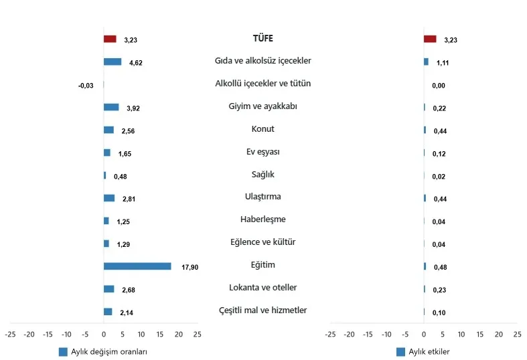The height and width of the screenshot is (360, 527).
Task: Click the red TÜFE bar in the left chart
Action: point(110,39)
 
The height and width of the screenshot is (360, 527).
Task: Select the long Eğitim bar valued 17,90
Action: point(137,266)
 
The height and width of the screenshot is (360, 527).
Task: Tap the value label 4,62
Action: point(135,63)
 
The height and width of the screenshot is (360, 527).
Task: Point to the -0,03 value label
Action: point(86,85)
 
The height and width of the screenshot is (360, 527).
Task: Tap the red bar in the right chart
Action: point(430,39)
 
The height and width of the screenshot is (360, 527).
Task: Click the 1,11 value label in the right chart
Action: point(442,63)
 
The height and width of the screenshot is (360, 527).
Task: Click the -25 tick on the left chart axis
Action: point(10,333)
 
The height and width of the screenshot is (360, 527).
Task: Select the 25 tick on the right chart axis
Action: point(517,333)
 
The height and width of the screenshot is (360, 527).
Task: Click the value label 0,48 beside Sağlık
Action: point(121,177)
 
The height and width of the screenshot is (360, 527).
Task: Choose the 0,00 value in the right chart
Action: point(439,86)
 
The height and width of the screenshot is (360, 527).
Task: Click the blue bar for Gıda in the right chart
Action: point(426,62)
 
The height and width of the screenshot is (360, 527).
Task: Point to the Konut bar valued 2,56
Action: point(108,130)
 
